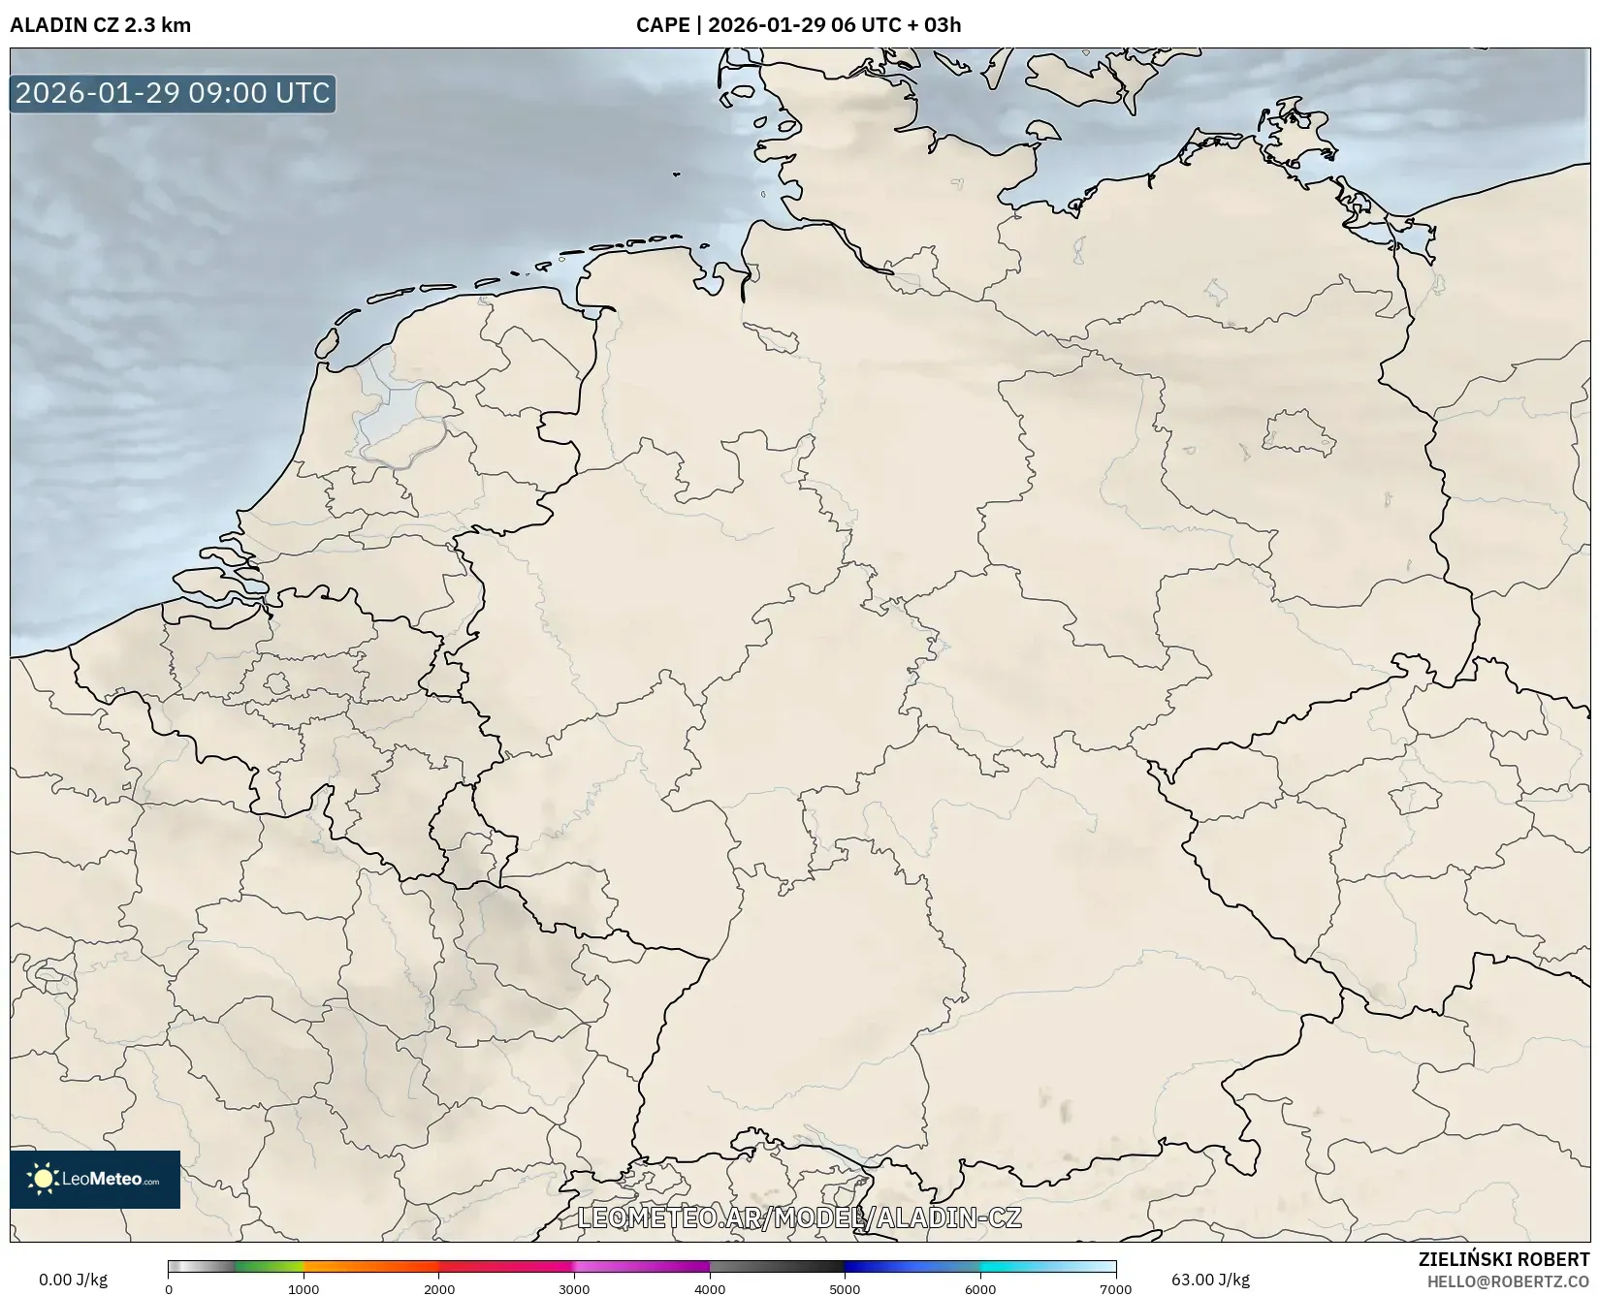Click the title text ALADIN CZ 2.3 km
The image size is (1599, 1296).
click(100, 25)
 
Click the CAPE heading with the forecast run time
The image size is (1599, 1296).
click(798, 25)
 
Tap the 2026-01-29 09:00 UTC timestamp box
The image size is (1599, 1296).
click(173, 93)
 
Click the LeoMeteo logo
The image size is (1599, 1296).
click(95, 1179)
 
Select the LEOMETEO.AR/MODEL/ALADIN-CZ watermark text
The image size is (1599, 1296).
click(799, 1217)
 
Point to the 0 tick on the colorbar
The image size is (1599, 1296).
click(169, 1289)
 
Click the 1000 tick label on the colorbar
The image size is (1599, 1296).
click(304, 1289)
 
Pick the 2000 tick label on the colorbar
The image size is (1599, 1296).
click(439, 1289)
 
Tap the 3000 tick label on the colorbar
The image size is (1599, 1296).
click(574, 1289)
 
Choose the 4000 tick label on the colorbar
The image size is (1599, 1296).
click(710, 1289)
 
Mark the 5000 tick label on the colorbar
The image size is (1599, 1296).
click(845, 1289)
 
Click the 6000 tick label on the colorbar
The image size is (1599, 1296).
click(980, 1289)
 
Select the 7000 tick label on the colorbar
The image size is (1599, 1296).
click(1115, 1289)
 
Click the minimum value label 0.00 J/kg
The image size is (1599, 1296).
click(73, 1280)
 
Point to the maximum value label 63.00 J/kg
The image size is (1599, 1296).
click(1210, 1280)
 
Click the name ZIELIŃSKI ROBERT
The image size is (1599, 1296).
click(1504, 1260)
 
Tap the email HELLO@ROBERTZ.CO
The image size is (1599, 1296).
click(1508, 1281)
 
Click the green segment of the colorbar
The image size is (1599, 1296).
click(270, 1266)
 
